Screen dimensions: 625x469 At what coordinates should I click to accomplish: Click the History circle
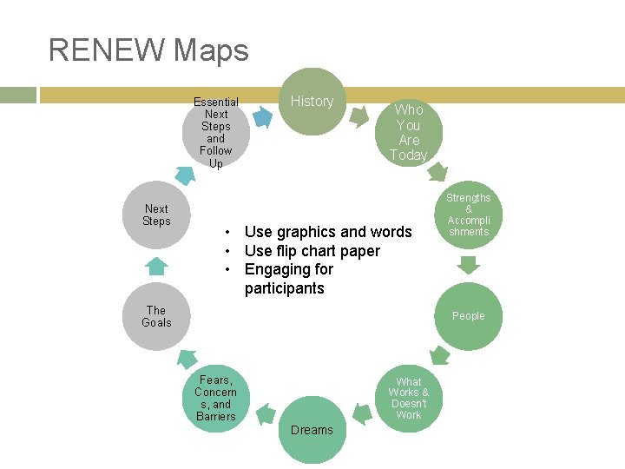(x=312, y=102)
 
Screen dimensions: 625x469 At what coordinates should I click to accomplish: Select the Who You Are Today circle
(x=408, y=132)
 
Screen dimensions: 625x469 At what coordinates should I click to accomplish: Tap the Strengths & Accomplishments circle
(x=468, y=215)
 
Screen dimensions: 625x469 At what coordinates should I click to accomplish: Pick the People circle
(x=468, y=316)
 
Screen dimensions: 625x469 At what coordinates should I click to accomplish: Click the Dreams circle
(x=312, y=429)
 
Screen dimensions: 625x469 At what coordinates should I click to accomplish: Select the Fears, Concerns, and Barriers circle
(x=216, y=399)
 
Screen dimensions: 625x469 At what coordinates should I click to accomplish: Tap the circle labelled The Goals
(x=157, y=316)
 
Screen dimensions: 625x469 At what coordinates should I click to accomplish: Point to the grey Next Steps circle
(x=157, y=215)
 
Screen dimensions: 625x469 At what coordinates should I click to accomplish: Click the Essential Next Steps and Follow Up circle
(x=216, y=132)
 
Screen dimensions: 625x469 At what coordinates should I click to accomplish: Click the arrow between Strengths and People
(x=468, y=265)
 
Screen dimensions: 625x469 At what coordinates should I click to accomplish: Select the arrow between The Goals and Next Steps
(x=157, y=265)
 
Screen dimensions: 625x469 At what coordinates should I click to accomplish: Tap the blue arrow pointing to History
(x=261, y=117)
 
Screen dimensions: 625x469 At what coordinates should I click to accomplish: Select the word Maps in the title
(x=211, y=50)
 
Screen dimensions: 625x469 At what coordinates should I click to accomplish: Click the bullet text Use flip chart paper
(x=312, y=251)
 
